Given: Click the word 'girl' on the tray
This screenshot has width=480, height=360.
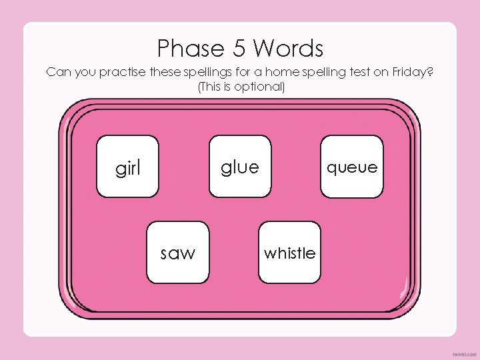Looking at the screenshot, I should [x=128, y=169].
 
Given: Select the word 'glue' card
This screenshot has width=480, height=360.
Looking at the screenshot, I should [x=239, y=167].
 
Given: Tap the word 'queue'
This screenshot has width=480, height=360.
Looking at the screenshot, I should [x=352, y=167].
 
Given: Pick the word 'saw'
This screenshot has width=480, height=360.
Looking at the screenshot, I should [x=178, y=253].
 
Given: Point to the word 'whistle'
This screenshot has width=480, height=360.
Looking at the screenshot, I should [x=289, y=253].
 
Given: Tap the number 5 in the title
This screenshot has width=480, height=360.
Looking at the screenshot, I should [x=240, y=49].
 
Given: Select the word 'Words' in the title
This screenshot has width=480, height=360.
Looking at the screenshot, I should [x=289, y=49].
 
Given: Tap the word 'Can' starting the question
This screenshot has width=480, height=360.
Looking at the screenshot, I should [x=57, y=73].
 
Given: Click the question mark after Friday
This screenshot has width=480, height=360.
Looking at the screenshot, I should [x=430, y=73].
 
